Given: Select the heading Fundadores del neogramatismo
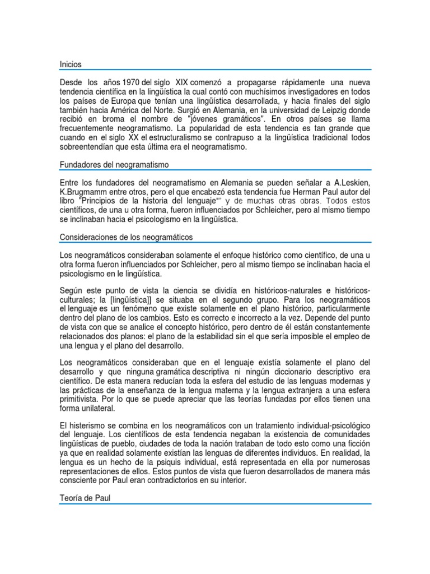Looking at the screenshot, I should click(x=114, y=164).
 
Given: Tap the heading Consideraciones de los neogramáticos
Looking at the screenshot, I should click(x=126, y=237).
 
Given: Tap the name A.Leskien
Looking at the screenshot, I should click(x=351, y=183).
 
